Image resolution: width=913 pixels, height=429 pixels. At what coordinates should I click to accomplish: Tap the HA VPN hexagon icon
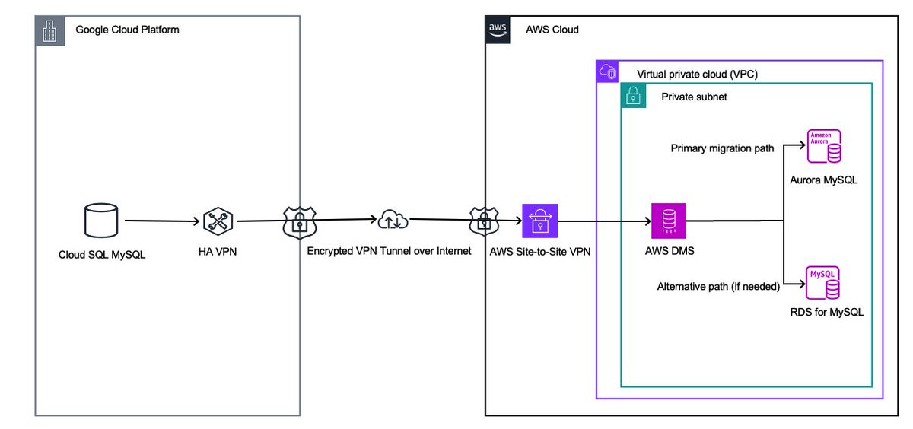(218, 221)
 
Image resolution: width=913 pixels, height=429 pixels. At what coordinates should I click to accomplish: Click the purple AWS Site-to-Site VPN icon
(539, 221)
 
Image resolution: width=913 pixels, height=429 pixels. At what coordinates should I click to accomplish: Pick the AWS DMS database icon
(668, 221)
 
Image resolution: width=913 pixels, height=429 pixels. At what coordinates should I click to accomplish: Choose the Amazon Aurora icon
(825, 147)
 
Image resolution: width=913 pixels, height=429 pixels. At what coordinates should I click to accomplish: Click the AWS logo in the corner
(498, 29)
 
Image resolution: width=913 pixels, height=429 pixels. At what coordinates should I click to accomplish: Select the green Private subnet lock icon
(634, 97)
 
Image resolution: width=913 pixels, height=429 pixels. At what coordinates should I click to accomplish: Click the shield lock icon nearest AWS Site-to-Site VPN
(483, 221)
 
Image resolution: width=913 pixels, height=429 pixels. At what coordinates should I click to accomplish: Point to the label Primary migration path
(722, 148)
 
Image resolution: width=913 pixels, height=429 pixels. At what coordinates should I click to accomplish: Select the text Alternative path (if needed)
(718, 287)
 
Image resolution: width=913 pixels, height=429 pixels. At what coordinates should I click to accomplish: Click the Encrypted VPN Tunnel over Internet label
(390, 251)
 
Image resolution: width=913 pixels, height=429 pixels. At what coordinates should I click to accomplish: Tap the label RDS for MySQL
(826, 312)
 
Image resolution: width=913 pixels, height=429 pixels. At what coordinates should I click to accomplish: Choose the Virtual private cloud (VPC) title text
(697, 74)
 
